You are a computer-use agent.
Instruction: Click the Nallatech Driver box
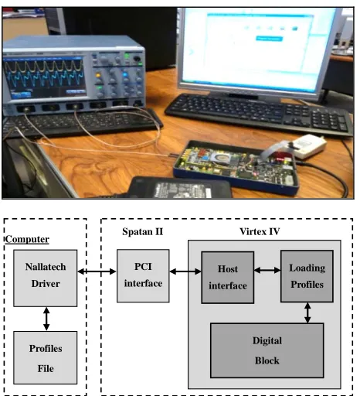pos(46,278)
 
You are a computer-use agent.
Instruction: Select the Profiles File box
pos(46,357)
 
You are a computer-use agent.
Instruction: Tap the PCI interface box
pos(143,275)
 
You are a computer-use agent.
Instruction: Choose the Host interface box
pos(228,278)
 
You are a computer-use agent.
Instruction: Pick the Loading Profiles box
pos(307,276)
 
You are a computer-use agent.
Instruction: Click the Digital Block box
pos(267,350)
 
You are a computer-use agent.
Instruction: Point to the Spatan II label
pos(143,231)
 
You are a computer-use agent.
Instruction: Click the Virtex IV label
pos(260,231)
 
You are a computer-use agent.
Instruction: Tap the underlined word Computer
pos(27,239)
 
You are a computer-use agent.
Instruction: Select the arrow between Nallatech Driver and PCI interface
pos(97,271)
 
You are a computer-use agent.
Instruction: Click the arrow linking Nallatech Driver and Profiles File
pos(46,319)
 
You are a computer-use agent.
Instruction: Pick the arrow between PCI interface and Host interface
pos(185,271)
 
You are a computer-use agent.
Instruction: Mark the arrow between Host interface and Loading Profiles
pos(267,270)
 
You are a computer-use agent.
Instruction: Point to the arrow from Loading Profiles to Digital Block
pos(307,312)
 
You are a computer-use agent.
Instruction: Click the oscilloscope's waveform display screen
pos(44,77)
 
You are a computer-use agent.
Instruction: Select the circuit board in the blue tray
pos(236,165)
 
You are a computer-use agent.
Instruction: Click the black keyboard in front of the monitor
pos(259,114)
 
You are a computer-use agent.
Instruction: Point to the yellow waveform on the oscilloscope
pos(44,67)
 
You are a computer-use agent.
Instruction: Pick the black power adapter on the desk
pos(180,188)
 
